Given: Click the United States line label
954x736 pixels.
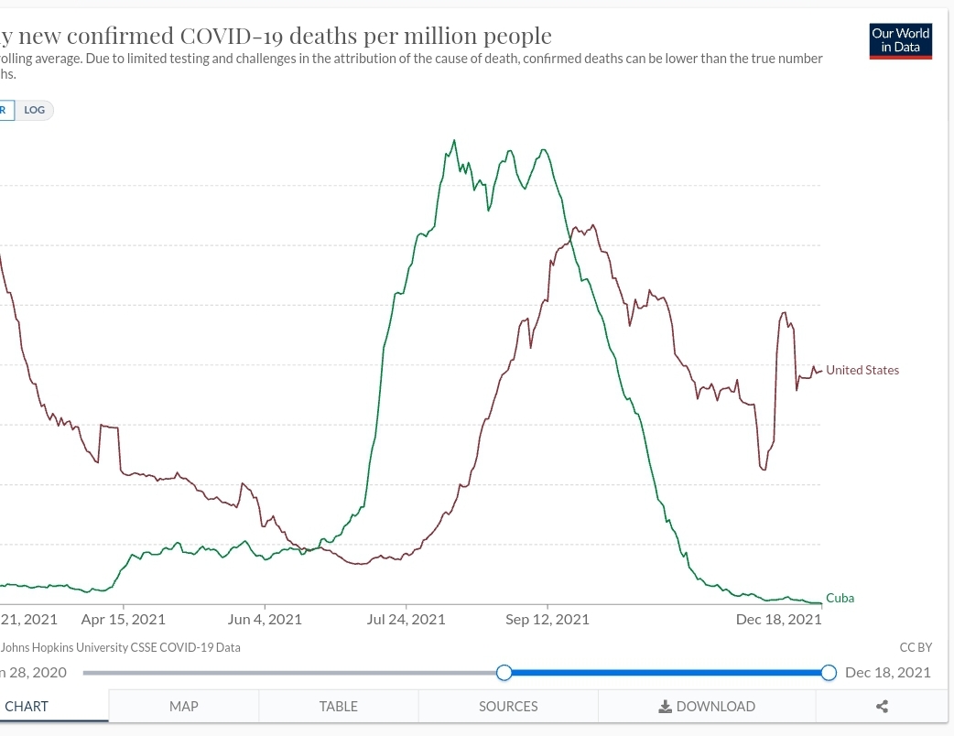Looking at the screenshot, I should coord(862,370).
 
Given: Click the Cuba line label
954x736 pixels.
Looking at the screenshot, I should coord(840,598).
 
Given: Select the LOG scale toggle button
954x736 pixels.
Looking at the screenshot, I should coord(35,110).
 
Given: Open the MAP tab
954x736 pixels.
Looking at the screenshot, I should coord(183,706).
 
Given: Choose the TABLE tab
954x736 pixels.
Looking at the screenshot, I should coord(338,706).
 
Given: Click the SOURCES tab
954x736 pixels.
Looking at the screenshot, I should coord(508,706).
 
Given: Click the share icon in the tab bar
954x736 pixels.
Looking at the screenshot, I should coord(882,706).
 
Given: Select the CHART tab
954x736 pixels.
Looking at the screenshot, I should coord(27,706).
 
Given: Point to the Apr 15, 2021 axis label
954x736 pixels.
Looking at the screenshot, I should coord(124,619).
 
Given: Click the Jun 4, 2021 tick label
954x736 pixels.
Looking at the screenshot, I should coord(265,619).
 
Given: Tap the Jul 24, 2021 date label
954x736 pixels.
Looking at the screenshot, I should coord(406,619).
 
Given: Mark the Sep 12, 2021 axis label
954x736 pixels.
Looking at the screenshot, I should coord(547,619).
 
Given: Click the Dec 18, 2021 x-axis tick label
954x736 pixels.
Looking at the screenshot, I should coord(778,619).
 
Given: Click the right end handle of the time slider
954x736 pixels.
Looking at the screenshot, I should coord(829,673).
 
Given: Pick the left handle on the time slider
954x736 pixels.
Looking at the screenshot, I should coord(504,673).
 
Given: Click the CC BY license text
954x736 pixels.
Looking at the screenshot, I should coord(916,647).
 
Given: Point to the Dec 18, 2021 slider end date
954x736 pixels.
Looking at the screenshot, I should coord(887,673).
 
